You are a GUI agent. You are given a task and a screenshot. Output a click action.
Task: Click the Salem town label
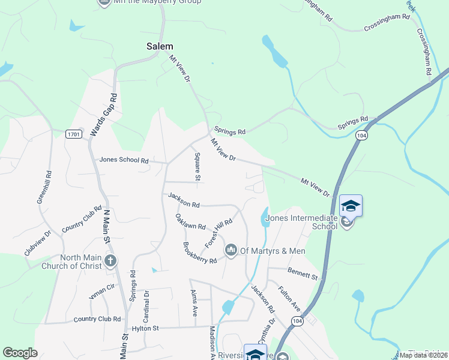click(x=160, y=46)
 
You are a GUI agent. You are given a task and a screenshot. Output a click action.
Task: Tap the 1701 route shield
click(x=74, y=133)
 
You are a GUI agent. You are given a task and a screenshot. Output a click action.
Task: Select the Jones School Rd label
click(x=124, y=160)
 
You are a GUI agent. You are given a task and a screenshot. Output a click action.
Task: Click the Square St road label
click(x=197, y=166)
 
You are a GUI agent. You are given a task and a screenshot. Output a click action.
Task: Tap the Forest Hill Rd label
click(x=218, y=233)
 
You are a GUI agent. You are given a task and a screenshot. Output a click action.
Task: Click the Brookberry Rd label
click(x=199, y=253)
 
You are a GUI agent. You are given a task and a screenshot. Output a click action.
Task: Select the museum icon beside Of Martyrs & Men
click(x=231, y=250)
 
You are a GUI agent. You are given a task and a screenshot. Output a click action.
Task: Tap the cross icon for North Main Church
click(x=110, y=260)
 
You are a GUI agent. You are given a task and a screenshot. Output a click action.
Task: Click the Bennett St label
click(x=302, y=274)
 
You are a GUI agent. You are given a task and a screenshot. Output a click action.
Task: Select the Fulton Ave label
click(x=289, y=298)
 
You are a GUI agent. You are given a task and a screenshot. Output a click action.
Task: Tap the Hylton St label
click(x=145, y=328)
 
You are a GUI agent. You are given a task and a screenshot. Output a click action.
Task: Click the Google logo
click(x=20, y=353)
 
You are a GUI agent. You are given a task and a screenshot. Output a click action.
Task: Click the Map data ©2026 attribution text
click(x=422, y=355)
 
